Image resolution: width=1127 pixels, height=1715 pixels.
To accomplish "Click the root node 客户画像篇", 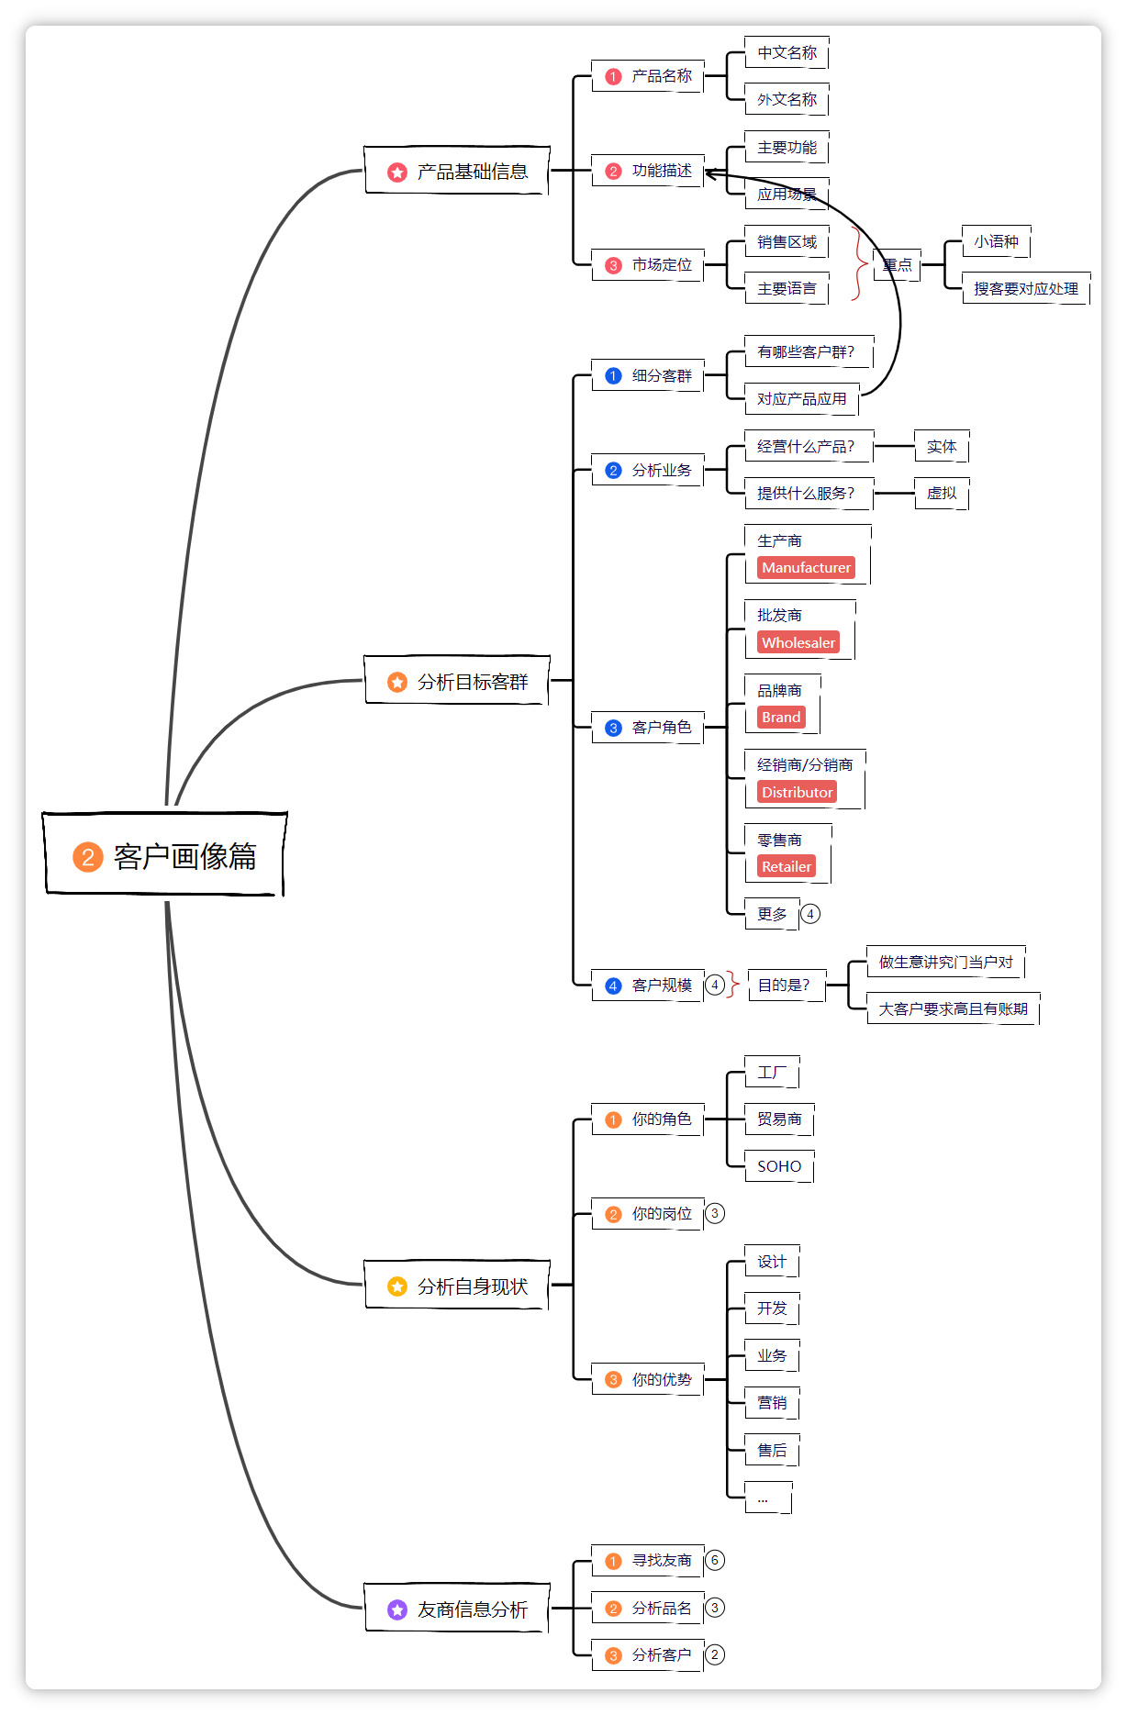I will [165, 855].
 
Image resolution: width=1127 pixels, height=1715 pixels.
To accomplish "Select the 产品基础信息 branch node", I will [457, 172].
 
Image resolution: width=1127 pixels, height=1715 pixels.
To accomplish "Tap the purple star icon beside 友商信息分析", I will [397, 1609].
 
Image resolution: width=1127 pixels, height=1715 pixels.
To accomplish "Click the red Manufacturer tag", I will [806, 568].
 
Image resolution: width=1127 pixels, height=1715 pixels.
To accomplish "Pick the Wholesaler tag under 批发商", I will [798, 643].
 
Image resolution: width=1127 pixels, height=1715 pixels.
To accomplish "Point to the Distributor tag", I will [797, 792].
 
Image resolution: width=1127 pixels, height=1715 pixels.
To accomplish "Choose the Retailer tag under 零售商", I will [787, 867].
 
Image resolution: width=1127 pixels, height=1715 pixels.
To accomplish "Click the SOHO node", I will [779, 1166].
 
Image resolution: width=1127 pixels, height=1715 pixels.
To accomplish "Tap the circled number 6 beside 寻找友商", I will [715, 1560].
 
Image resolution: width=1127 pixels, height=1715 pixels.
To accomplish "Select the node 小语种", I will [996, 242].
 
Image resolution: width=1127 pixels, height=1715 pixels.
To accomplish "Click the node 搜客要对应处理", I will [1025, 289].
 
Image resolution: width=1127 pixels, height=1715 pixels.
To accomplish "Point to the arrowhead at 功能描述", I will [709, 173].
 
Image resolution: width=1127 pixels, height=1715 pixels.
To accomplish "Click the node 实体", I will [942, 447].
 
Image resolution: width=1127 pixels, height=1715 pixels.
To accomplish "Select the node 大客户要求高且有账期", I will [953, 1009].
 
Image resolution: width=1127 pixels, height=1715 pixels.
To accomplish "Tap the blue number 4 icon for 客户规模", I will [614, 986].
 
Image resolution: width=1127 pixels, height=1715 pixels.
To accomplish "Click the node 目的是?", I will [785, 986].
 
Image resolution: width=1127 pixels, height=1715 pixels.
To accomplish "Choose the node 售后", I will [772, 1451].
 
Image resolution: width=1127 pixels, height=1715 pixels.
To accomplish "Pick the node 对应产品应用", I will [801, 399].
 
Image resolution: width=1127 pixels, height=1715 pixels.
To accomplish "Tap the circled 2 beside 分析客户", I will [715, 1654].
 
